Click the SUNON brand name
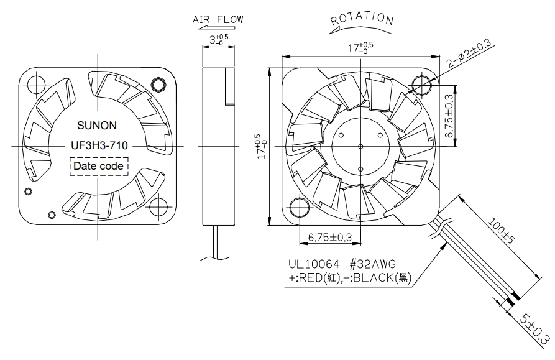point(97,126)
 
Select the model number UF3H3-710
point(99,145)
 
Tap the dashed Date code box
point(99,166)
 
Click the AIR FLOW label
point(218,19)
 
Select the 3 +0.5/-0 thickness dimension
point(219,39)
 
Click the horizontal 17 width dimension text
point(360,47)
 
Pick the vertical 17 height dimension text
point(261,146)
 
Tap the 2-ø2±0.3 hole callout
point(470,53)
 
